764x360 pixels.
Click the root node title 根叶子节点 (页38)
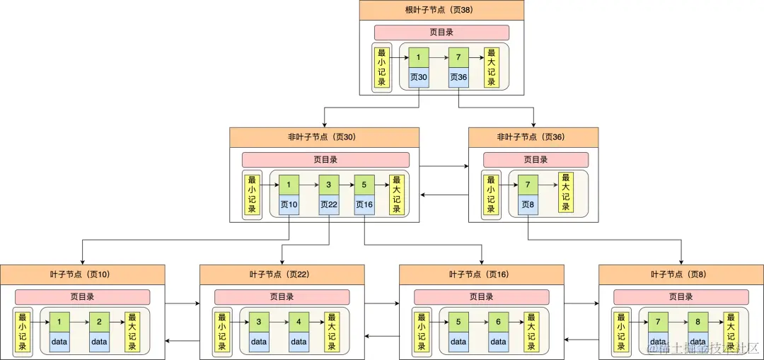pyautogui.click(x=441, y=10)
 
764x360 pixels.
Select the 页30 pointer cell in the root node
pyautogui.click(x=418, y=77)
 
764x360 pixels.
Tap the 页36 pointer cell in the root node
pyautogui.click(x=458, y=77)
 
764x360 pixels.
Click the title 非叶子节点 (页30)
pyautogui.click(x=324, y=137)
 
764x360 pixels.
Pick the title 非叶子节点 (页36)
pyautogui.click(x=533, y=137)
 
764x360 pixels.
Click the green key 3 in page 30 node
pyautogui.click(x=329, y=185)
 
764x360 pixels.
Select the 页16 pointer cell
pyautogui.click(x=364, y=205)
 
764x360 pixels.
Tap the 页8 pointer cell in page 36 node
pyautogui.click(x=528, y=205)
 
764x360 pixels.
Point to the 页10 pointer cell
pyautogui.click(x=289, y=205)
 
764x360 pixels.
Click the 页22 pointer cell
pyautogui.click(x=329, y=205)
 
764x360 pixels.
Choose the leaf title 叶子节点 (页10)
pyautogui.click(x=82, y=274)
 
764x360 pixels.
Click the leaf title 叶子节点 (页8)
pyautogui.click(x=681, y=274)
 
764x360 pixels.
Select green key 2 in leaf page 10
pyautogui.click(x=99, y=323)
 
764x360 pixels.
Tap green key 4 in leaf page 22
pyautogui.click(x=299, y=323)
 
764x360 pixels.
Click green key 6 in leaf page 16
pyautogui.click(x=498, y=323)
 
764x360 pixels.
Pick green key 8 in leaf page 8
pyautogui.click(x=698, y=323)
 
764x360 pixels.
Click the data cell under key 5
pyautogui.click(x=458, y=342)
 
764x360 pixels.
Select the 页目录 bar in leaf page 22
pyautogui.click(x=282, y=297)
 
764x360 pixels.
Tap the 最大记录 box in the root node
pyautogui.click(x=491, y=67)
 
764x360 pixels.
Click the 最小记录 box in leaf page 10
pyautogui.click(x=23, y=332)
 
